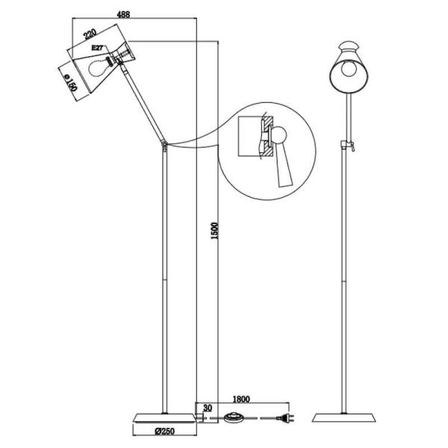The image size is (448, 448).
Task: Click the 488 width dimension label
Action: tap(124, 14)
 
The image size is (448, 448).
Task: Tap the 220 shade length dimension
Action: tap(90, 34)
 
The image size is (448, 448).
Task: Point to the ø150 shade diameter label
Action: tap(71, 83)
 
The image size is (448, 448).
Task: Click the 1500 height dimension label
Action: tap(214, 231)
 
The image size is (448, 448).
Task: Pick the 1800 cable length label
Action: tap(241, 399)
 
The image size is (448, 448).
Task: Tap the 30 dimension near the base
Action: tap(208, 408)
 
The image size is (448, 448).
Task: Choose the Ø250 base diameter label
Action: tap(165, 431)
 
